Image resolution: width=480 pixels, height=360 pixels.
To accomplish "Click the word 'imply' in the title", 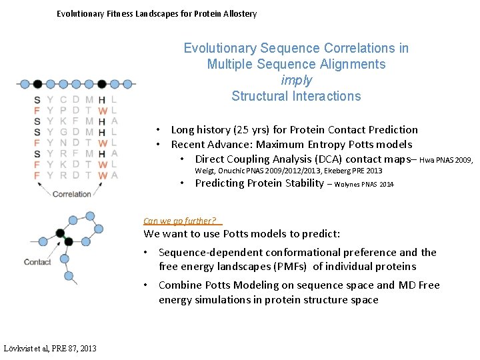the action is [296, 80].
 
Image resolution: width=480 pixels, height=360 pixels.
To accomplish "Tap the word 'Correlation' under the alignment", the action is [71, 194].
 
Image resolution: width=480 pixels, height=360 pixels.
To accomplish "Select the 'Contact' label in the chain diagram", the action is [37, 262].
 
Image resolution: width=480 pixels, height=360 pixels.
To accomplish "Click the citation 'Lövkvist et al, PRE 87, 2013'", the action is [50, 348].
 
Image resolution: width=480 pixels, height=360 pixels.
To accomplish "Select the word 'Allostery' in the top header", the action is [235, 13].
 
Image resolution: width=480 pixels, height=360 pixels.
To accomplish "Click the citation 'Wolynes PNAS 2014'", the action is [364, 184].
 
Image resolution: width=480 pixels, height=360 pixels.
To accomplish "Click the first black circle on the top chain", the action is [37, 84].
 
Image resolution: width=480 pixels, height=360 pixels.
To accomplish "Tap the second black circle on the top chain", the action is [101, 84].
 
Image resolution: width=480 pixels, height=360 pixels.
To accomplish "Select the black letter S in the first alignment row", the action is [37, 101].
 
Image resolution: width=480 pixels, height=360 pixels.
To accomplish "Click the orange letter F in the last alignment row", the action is [37, 175].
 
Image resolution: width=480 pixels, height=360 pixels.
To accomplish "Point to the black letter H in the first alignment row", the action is [101, 101].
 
